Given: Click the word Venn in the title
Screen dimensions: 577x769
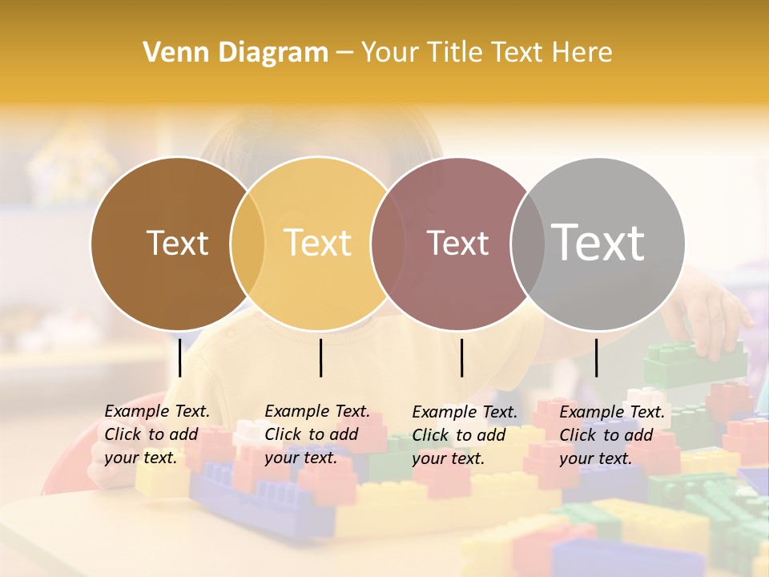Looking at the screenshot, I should [171, 53].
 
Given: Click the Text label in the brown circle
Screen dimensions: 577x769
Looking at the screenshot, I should [177, 243].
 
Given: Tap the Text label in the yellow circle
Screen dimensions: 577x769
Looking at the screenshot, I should [318, 243].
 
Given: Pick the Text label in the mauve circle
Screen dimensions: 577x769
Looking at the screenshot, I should [458, 244].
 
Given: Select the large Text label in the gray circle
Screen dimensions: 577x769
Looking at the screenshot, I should [598, 242].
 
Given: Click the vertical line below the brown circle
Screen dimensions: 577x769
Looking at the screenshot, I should [179, 357].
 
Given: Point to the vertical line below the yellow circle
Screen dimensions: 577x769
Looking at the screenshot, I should [320, 357].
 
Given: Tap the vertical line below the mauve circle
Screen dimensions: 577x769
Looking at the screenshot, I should [461, 357].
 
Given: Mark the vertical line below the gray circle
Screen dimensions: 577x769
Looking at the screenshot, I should [596, 357].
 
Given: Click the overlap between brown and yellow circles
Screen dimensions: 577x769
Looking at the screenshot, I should [248, 244].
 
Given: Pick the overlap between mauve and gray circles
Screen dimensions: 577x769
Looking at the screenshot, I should [527, 244].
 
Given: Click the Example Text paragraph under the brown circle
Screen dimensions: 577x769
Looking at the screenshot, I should [157, 434].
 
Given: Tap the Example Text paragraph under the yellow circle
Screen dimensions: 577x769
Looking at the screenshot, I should [316, 434].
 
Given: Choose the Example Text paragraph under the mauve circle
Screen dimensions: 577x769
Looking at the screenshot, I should [465, 435].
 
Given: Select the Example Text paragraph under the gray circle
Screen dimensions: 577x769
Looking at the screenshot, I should [611, 435].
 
